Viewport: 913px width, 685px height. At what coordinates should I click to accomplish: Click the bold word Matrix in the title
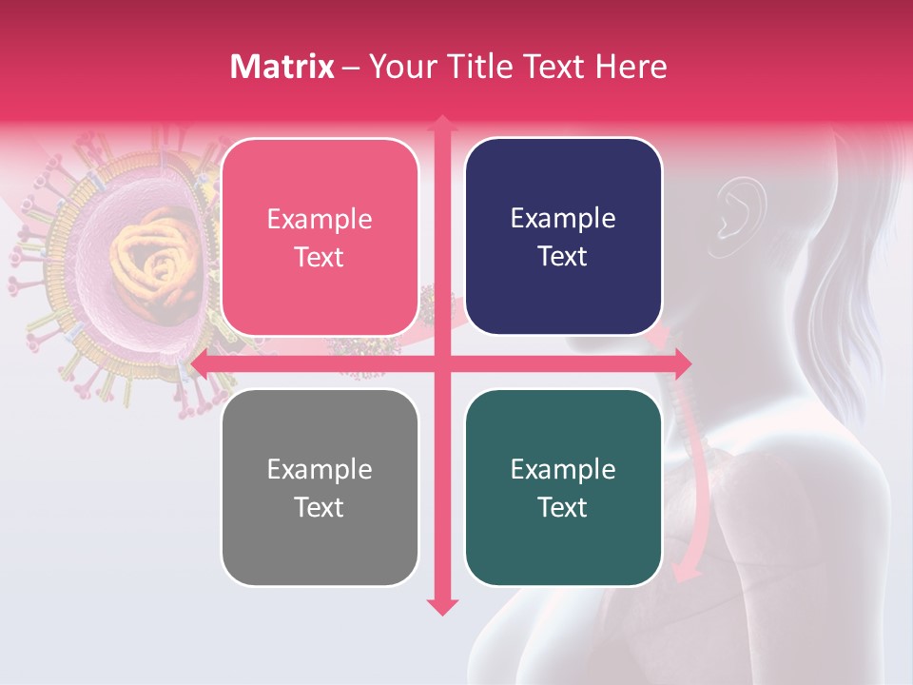282,67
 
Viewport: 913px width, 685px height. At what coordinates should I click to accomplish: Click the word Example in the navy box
563,218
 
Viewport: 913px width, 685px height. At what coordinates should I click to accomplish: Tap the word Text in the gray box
320,507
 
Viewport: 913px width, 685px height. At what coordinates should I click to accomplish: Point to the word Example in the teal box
563,469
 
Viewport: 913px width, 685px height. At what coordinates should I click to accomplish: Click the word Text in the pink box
320,257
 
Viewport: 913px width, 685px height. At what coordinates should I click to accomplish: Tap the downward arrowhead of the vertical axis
441,606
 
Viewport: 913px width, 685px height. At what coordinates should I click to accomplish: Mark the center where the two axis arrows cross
441,362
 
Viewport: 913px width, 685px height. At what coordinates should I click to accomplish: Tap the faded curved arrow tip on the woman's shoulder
683,572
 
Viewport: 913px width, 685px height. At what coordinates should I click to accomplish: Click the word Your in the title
400,67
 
